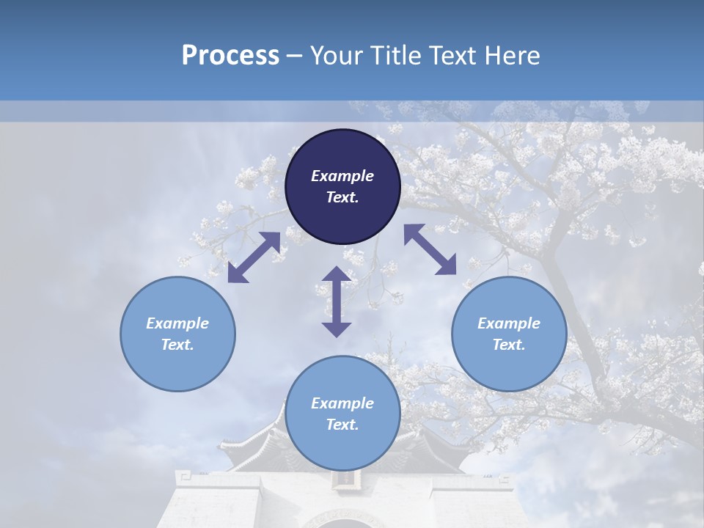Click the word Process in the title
point(230,56)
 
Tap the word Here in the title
point(512,56)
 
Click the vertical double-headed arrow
point(337,301)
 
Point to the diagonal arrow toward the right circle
point(430,249)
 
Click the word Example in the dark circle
point(342,176)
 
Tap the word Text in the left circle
point(177,345)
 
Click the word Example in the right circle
point(509,323)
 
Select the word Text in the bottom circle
point(342,425)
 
